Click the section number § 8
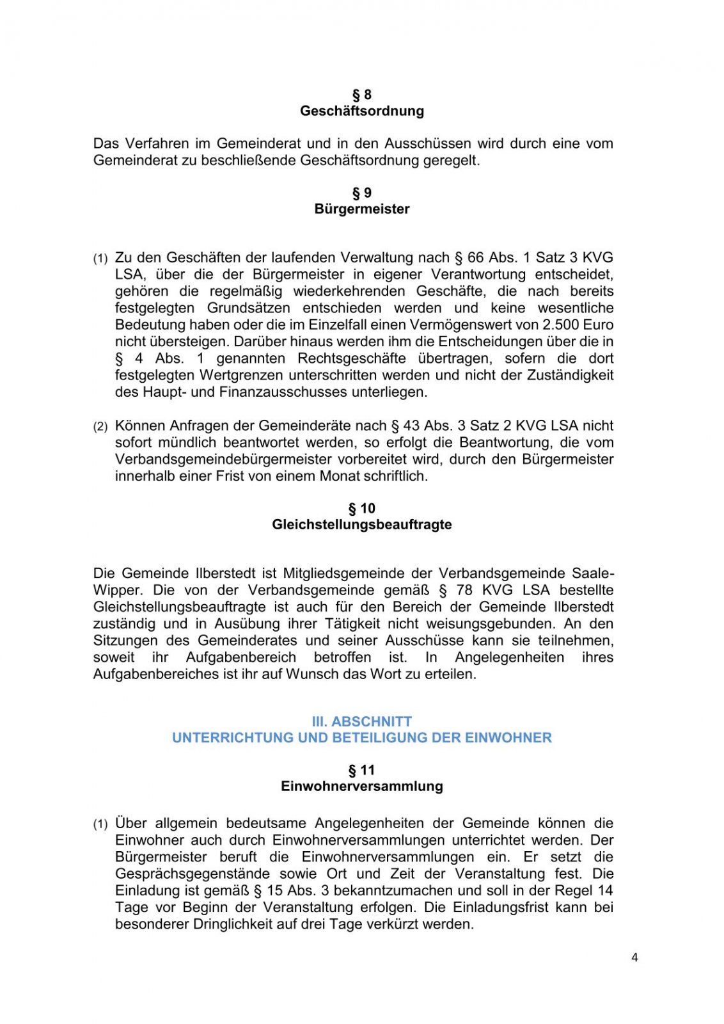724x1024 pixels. (x=362, y=95)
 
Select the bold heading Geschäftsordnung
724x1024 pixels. (x=362, y=111)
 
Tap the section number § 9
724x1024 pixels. (x=362, y=193)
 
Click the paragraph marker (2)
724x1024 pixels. (x=100, y=426)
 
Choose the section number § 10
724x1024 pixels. (x=362, y=508)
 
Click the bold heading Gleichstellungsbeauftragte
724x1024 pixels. (x=362, y=525)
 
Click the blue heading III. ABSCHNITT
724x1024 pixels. (x=362, y=721)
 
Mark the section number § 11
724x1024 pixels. (x=362, y=770)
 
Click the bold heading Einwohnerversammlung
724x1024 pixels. (x=362, y=787)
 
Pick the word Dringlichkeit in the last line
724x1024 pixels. (x=233, y=924)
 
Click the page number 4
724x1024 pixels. (x=634, y=957)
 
